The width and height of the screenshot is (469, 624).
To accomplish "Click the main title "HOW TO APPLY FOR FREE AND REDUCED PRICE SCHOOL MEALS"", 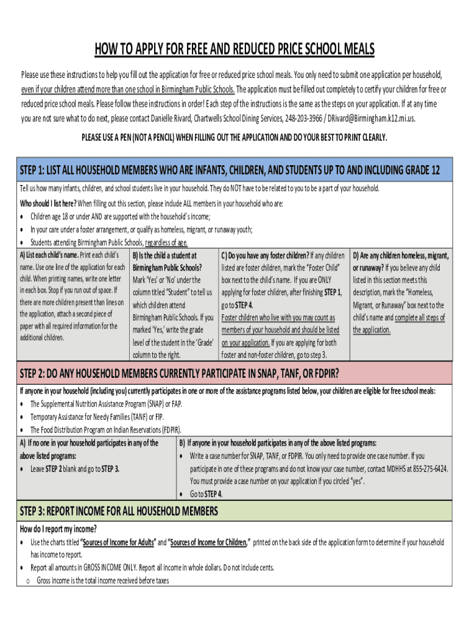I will pos(234,49).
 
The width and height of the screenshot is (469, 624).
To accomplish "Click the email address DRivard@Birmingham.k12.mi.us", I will pos(372,118).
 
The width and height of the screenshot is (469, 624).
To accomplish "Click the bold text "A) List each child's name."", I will pos(49,255).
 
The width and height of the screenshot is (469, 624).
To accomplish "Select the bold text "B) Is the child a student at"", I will pos(164,256).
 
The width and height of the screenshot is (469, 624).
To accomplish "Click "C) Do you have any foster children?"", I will pos(264,256).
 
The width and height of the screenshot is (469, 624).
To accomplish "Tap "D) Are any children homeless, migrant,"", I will pos(401,256).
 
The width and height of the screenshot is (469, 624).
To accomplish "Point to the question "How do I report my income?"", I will pos(58,528).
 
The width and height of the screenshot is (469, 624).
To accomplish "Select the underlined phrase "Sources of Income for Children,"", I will pos(208,542).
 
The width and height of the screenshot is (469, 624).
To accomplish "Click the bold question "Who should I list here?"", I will pos(48,204).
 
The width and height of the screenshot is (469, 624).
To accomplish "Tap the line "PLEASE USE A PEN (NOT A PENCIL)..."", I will pos(234,138).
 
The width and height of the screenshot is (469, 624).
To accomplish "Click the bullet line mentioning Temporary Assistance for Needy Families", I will pos(97,417).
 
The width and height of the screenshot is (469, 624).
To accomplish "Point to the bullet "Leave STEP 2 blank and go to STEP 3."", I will pos(75,469).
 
